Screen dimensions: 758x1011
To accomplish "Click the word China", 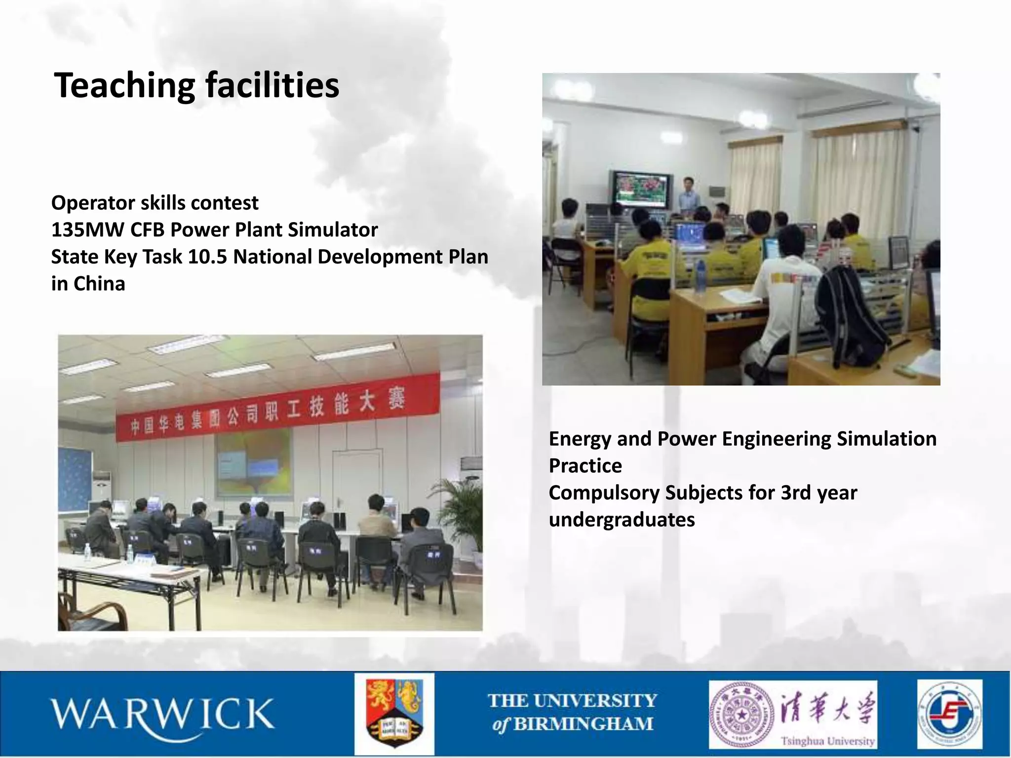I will point(99,284).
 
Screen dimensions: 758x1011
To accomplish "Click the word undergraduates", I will point(622,520).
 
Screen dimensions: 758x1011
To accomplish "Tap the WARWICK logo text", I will point(162,714).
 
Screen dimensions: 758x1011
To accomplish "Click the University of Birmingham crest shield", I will point(394,714).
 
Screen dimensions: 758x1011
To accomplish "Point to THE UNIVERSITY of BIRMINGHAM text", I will point(573,712).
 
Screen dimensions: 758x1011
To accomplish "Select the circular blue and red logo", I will point(950,714).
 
